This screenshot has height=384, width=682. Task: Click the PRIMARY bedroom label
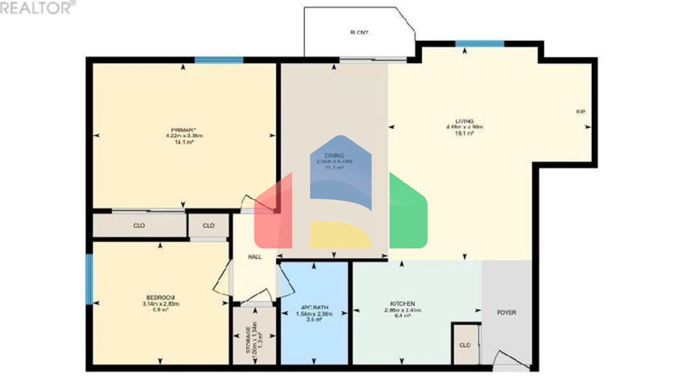[x=184, y=130]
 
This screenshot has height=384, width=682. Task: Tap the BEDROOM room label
[x=160, y=297]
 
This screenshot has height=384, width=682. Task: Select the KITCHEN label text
[x=403, y=304]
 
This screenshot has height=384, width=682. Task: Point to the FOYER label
[x=506, y=312]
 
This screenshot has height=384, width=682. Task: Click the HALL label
[x=254, y=257]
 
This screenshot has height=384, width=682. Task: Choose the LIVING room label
[x=464, y=121]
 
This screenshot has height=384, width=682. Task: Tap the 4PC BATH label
[x=314, y=308]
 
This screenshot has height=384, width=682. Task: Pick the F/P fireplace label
[x=580, y=112]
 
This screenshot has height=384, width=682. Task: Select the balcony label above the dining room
[x=359, y=32]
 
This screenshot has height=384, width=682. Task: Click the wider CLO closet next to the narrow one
[x=139, y=226]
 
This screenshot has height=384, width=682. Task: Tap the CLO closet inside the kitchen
[x=465, y=345]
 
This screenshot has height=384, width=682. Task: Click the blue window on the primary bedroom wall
[x=218, y=60]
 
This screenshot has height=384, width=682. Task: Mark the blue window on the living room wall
[x=480, y=44]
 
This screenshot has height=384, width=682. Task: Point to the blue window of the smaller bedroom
[x=89, y=279]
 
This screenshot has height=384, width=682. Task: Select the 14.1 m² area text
[x=184, y=142]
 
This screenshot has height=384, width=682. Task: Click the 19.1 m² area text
[x=464, y=133]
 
